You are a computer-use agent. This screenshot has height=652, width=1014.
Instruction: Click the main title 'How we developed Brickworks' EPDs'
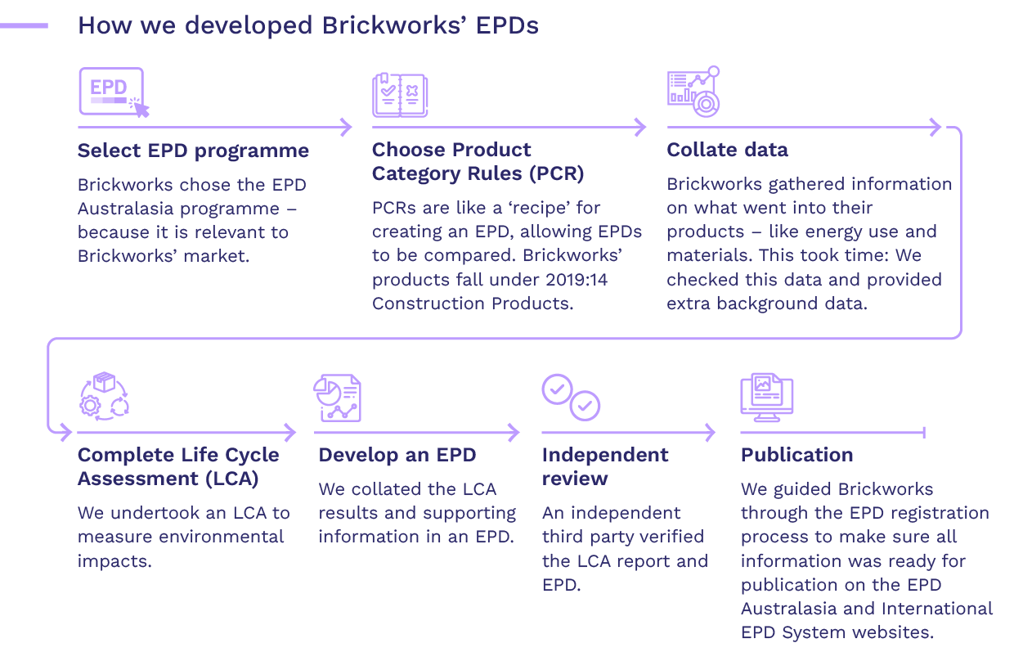pyautogui.click(x=307, y=25)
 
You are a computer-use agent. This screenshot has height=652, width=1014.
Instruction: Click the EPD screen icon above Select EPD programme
pyautogui.click(x=113, y=92)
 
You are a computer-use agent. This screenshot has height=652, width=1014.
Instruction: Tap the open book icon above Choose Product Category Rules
pyautogui.click(x=400, y=94)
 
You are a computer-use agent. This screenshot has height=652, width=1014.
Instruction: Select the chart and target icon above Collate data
pyautogui.click(x=694, y=91)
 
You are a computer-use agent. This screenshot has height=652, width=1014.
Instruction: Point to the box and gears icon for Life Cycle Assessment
pyautogui.click(x=104, y=396)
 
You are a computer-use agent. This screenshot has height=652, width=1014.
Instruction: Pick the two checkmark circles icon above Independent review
pyautogui.click(x=571, y=397)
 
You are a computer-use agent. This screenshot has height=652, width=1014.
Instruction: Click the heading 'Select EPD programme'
pyautogui.click(x=193, y=151)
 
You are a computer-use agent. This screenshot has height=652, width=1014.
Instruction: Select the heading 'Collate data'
pyautogui.click(x=727, y=151)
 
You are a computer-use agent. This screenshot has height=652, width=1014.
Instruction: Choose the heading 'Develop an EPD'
pyautogui.click(x=397, y=455)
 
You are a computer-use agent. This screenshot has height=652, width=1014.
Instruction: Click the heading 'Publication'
pyautogui.click(x=796, y=455)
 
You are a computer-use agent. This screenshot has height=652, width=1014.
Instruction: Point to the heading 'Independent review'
pyautogui.click(x=605, y=466)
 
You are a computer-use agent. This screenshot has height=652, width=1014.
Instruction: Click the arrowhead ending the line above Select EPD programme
pyautogui.click(x=347, y=127)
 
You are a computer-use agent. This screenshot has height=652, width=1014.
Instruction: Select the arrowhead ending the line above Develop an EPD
pyautogui.click(x=514, y=431)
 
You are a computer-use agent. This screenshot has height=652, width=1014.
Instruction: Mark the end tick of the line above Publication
pyautogui.click(x=924, y=431)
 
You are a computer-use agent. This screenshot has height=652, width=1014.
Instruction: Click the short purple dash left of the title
pyautogui.click(x=25, y=26)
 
